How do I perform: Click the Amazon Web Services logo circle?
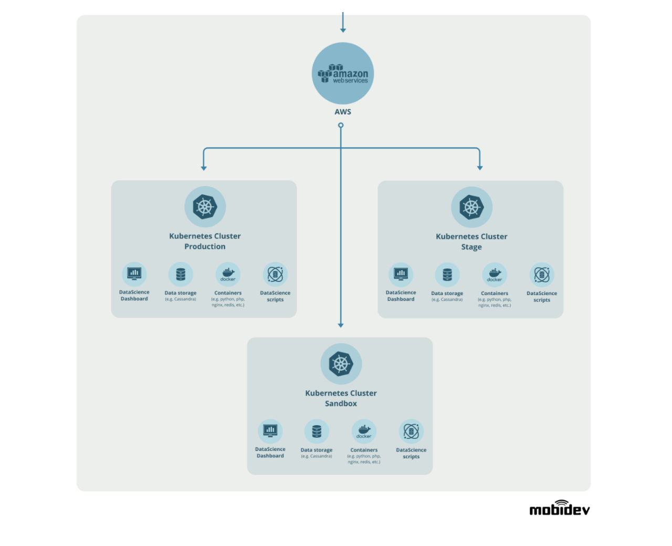(x=343, y=73)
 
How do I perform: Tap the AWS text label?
(x=343, y=112)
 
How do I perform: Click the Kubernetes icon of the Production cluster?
(x=205, y=207)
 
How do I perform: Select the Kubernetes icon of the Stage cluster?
(x=472, y=207)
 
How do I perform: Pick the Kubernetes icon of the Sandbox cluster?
(x=341, y=364)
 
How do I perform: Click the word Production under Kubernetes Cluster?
(x=205, y=246)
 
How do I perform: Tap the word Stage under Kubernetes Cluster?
(x=471, y=247)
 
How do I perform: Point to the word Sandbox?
(x=341, y=403)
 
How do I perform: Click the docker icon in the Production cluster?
(x=228, y=274)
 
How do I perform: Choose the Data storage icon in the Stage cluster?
(x=447, y=275)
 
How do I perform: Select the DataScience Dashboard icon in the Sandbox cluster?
(x=270, y=431)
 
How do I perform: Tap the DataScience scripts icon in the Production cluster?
(x=275, y=274)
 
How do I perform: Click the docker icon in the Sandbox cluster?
(x=364, y=431)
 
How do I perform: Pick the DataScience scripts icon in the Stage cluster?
(x=542, y=275)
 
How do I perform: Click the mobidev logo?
(x=560, y=508)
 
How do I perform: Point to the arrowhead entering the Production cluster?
(x=204, y=168)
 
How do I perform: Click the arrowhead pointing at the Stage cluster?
(x=480, y=168)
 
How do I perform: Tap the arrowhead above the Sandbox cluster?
(x=341, y=325)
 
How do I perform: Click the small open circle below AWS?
(x=341, y=125)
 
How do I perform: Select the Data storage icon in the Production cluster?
(x=181, y=274)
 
